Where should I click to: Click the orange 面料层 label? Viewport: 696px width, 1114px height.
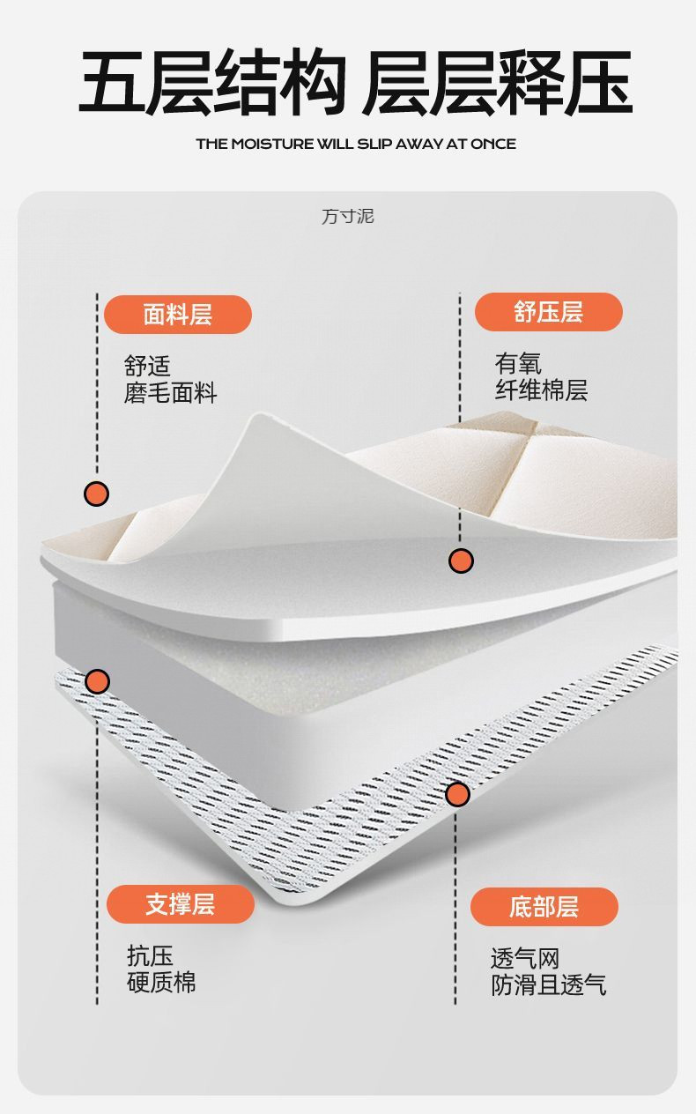click(177, 315)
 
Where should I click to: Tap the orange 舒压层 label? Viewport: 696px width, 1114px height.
click(548, 312)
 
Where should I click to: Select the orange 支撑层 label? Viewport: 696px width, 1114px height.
click(180, 904)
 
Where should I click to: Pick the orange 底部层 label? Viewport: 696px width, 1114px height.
click(544, 907)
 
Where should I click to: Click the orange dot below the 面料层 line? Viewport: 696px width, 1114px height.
click(96, 494)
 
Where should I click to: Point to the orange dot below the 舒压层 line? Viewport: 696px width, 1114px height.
click(461, 560)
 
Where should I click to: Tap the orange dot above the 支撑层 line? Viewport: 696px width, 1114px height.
click(97, 681)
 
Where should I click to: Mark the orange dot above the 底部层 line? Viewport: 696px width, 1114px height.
click(457, 794)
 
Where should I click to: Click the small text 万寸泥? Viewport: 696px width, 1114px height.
click(347, 217)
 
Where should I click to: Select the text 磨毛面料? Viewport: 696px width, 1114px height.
click(170, 393)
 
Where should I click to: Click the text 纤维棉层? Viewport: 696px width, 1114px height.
click(541, 390)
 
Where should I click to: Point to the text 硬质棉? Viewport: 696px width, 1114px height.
click(161, 983)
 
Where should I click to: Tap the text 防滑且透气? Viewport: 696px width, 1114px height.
click(548, 985)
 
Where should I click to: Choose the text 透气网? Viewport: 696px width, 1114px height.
click(525, 959)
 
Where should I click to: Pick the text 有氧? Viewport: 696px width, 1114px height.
click(518, 364)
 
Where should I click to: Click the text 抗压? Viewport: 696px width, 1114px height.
click(150, 956)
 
